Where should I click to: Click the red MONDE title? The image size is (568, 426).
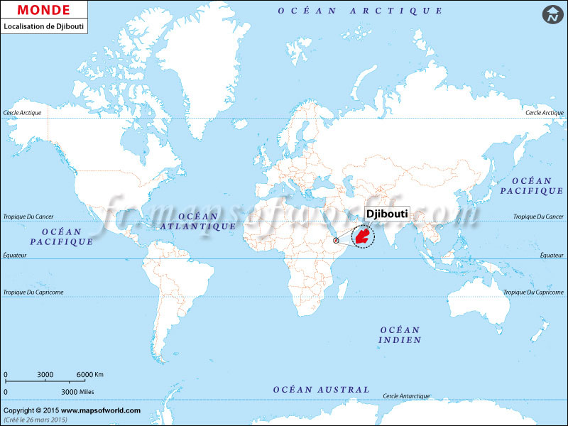(44, 10)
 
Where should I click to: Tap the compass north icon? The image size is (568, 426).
(552, 13)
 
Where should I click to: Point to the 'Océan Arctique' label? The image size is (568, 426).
(360, 11)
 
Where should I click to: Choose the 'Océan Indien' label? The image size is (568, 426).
(400, 335)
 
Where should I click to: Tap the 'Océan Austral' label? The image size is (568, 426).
(322, 390)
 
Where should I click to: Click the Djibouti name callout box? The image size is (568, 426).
(388, 214)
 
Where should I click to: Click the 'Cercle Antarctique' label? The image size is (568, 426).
(406, 395)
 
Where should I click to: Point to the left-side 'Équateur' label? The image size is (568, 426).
(14, 254)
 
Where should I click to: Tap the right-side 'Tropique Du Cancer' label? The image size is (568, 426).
(539, 216)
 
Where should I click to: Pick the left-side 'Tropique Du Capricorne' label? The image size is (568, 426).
(34, 293)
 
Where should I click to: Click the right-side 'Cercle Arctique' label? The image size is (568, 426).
(545, 113)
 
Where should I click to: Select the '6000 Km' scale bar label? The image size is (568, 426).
(90, 374)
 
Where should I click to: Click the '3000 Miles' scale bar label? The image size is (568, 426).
(79, 391)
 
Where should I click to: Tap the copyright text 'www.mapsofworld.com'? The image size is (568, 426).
(100, 410)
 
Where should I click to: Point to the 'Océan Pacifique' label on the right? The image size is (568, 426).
(532, 186)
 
